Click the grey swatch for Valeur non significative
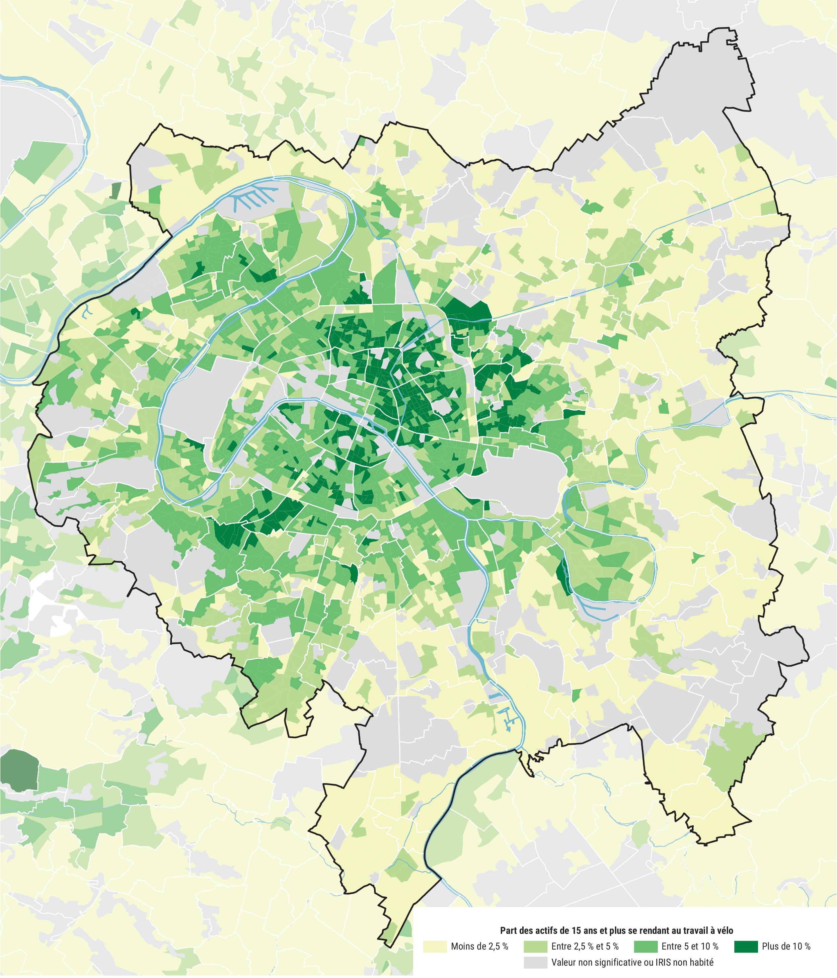[x=535, y=962]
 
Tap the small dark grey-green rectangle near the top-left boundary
[x=115, y=190]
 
